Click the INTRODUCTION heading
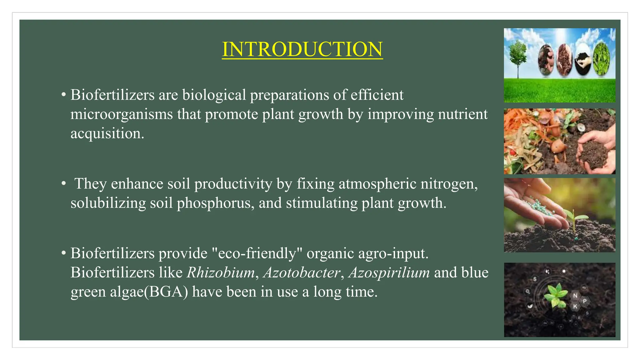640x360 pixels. (302, 49)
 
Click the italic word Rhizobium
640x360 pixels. (221, 272)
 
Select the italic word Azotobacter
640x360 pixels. (302, 272)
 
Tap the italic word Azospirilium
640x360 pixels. (389, 272)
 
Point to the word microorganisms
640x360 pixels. (122, 114)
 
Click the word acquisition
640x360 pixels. (107, 134)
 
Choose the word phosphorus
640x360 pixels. (215, 203)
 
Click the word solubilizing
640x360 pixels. (108, 203)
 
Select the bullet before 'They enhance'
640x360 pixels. (64, 183)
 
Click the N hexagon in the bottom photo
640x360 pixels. (575, 296)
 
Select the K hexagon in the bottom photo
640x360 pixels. (575, 306)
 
